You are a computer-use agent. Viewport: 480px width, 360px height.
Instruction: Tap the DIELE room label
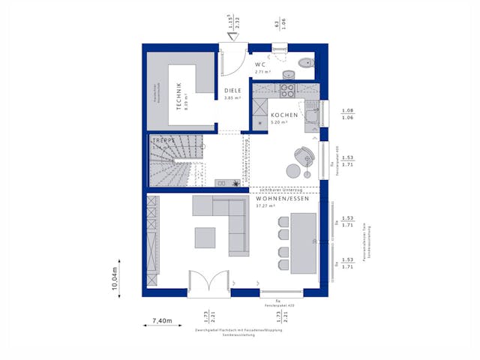pyautogui.click(x=232, y=91)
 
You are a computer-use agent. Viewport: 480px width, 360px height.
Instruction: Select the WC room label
pyautogui.click(x=260, y=65)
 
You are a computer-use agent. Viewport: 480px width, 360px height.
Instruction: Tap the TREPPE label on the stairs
pyautogui.click(x=164, y=140)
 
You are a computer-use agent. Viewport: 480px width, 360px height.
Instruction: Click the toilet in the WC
pyautogui.click(x=307, y=63)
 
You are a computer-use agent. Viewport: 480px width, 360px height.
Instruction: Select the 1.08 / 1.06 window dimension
pyautogui.click(x=347, y=114)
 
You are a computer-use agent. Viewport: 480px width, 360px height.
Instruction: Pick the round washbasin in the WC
pyautogui.click(x=289, y=74)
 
